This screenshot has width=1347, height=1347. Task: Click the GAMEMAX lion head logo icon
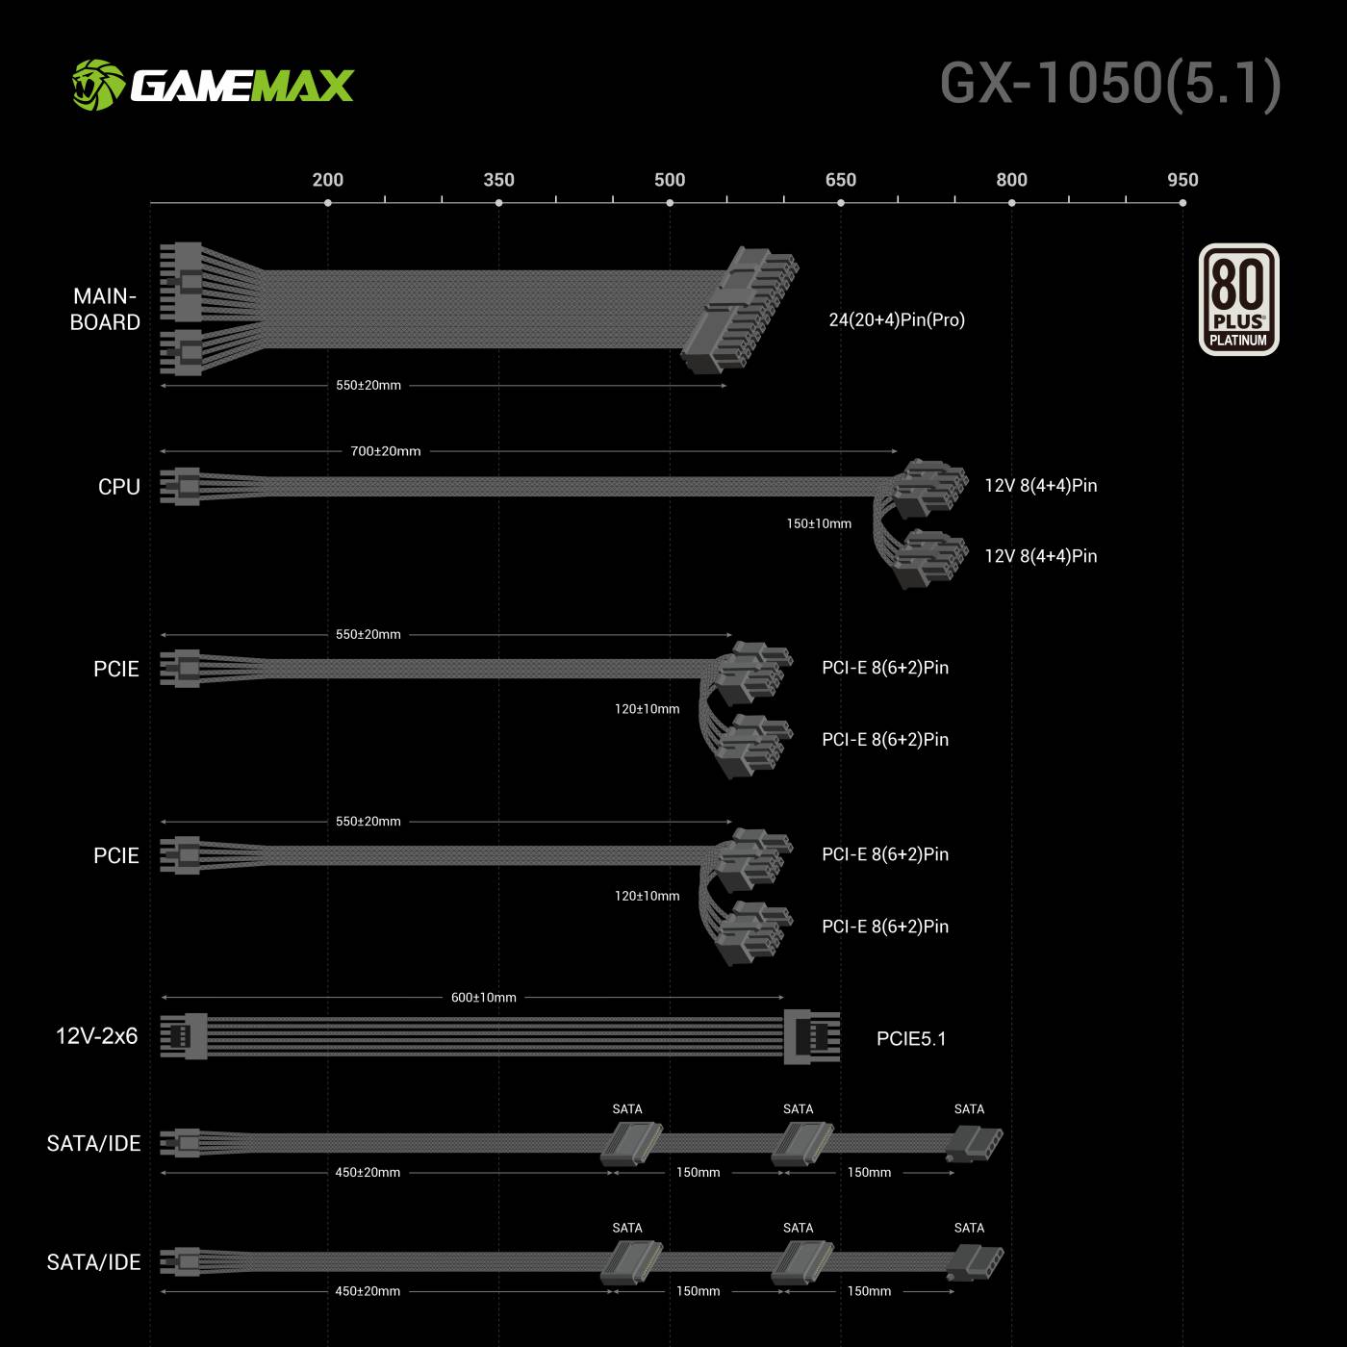[x=98, y=86]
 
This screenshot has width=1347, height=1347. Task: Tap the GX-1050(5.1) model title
[x=1110, y=84]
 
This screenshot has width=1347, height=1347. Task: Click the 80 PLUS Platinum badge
[x=1238, y=299]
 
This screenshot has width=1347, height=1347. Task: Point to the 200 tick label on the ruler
[x=328, y=180]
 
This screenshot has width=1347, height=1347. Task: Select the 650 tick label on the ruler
[x=840, y=180]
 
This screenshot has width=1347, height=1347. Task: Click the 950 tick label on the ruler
[x=1182, y=180]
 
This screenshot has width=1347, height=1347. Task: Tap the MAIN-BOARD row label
[x=105, y=309]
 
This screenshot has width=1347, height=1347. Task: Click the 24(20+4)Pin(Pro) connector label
[x=897, y=319]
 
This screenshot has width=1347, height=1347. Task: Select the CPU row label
[x=119, y=487]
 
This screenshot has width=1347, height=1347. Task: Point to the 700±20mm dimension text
[x=386, y=451]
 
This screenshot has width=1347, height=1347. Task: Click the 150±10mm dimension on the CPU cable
[x=819, y=523]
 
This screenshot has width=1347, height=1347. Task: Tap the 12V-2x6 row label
[x=96, y=1036]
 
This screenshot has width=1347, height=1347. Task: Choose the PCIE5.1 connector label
[x=911, y=1039]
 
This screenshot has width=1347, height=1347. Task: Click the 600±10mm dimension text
[x=484, y=998]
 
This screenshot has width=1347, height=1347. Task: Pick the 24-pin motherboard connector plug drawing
[x=741, y=309]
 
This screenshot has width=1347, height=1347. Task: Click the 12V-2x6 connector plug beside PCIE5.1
[x=811, y=1036]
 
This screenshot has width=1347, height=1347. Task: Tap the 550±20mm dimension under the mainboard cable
[x=369, y=385]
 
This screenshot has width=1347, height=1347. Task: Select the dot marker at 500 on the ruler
[x=670, y=203]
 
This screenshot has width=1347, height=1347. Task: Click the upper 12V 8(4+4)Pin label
[x=1041, y=485]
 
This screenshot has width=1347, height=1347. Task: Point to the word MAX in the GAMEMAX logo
[x=302, y=86]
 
